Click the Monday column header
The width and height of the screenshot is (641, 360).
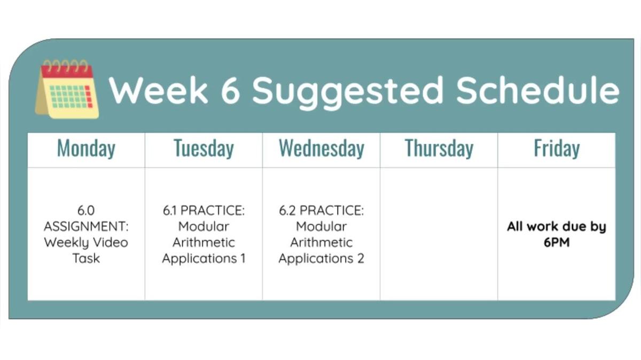(86, 148)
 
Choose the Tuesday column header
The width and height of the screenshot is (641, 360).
(204, 148)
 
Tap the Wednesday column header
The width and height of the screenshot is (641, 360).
(321, 148)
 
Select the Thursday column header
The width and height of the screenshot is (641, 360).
(439, 148)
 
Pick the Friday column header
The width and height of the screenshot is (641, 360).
(556, 148)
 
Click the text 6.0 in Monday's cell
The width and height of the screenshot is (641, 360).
(86, 210)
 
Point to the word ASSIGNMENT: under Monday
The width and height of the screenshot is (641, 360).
(86, 226)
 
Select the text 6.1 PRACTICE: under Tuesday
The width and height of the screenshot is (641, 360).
(204, 210)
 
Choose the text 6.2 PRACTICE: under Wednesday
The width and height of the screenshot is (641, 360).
(321, 210)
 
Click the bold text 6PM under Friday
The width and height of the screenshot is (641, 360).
(556, 242)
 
